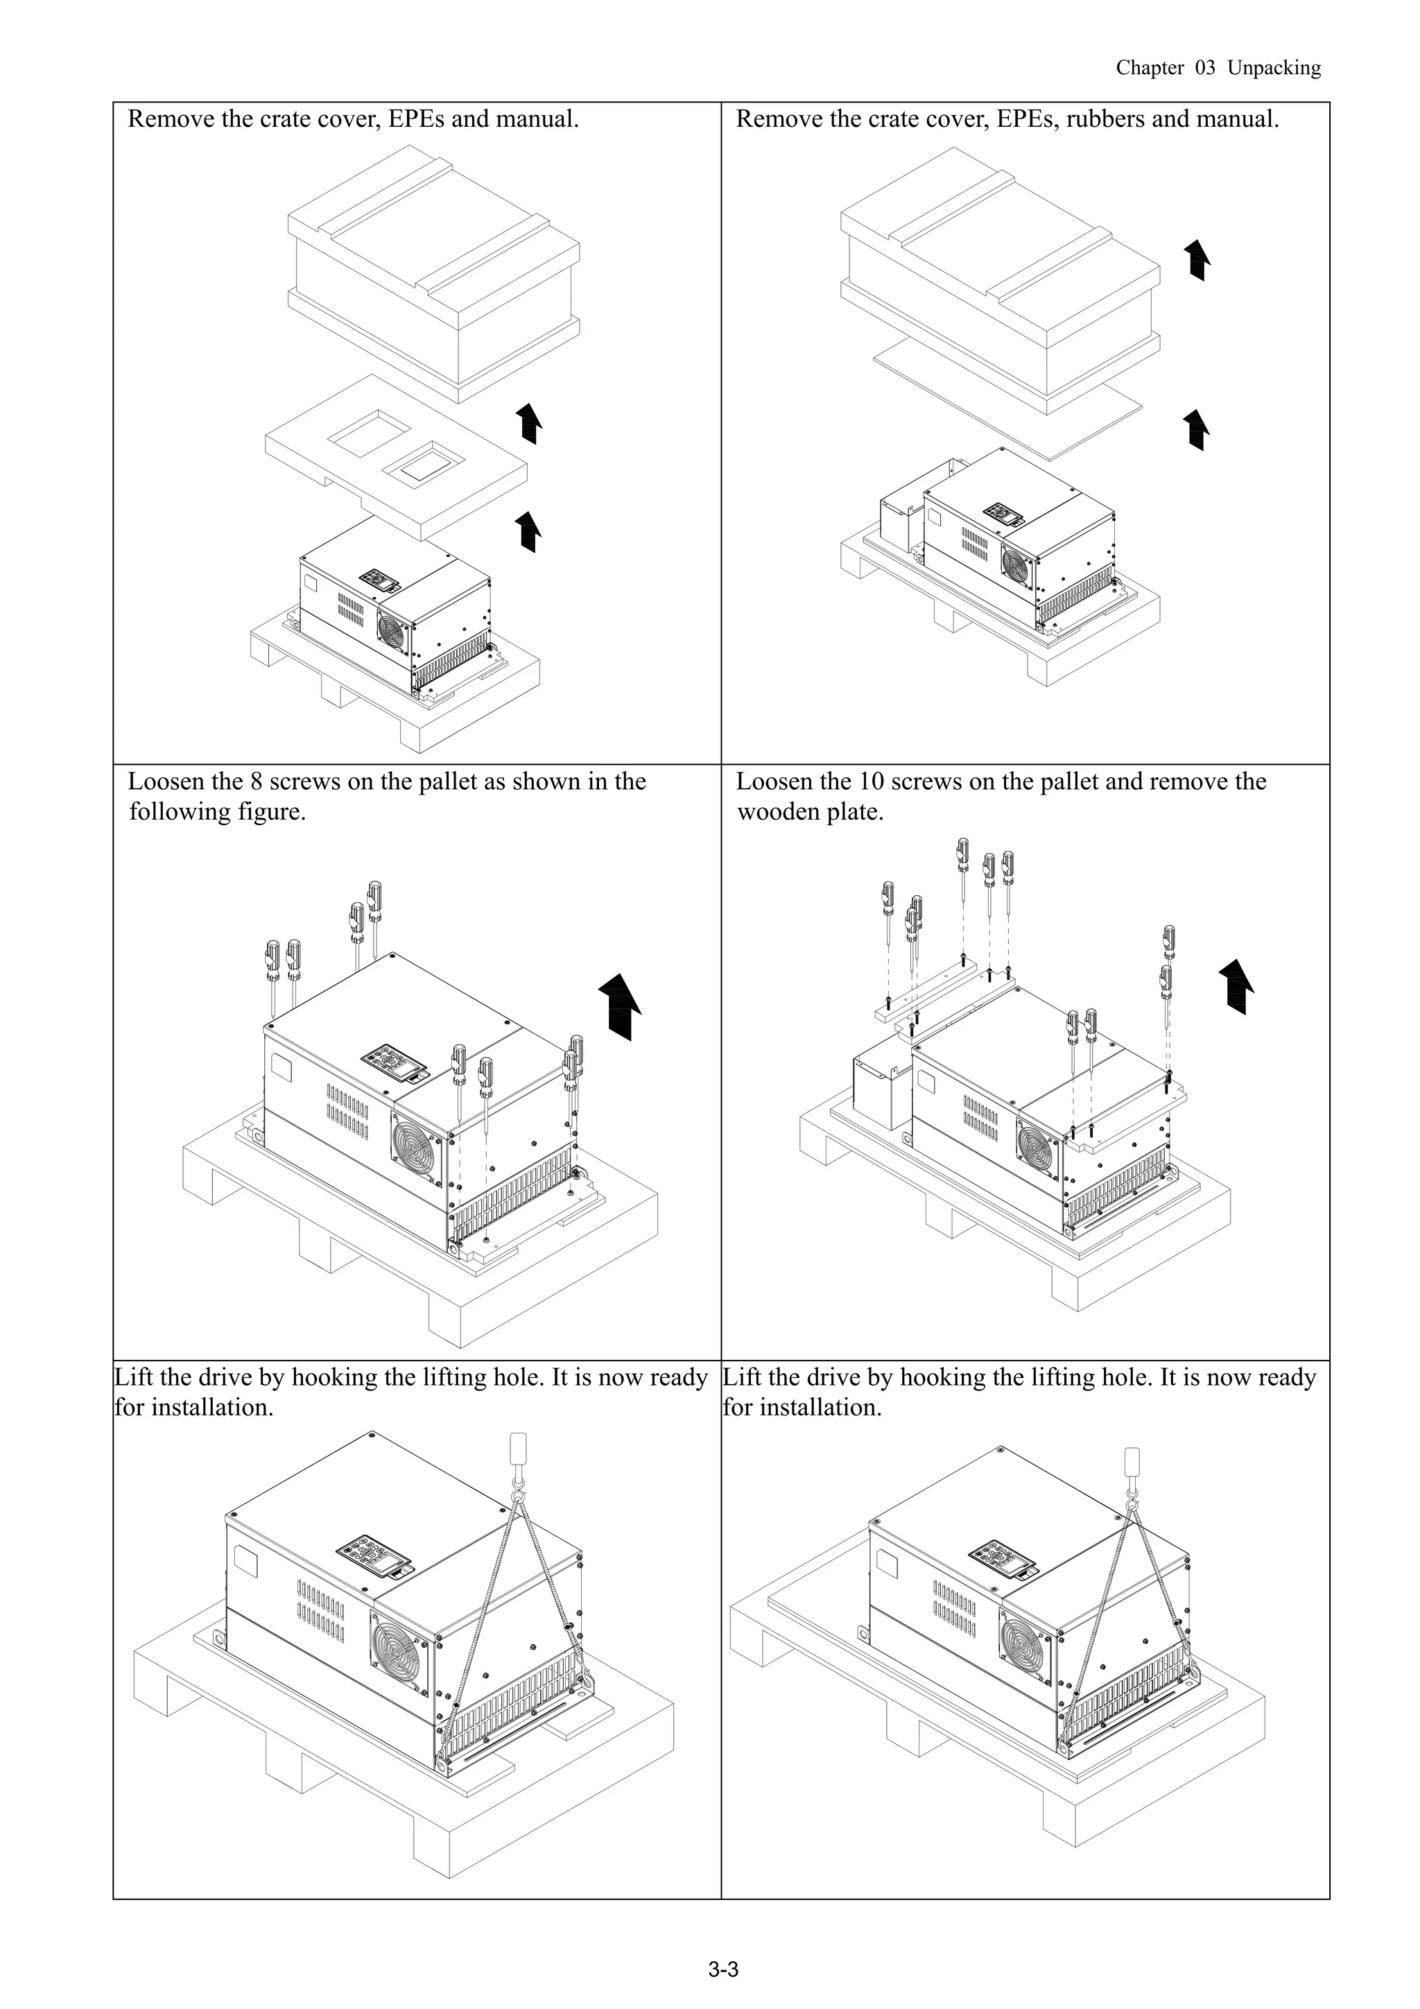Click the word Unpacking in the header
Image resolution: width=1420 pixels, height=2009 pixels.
coord(1273,68)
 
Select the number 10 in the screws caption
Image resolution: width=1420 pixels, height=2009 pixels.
coord(873,782)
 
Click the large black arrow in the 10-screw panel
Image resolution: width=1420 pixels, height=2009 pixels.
coord(1236,985)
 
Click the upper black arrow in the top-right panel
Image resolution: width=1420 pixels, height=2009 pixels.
coord(1197,260)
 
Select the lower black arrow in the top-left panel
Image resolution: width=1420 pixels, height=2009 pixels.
coord(528,532)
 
